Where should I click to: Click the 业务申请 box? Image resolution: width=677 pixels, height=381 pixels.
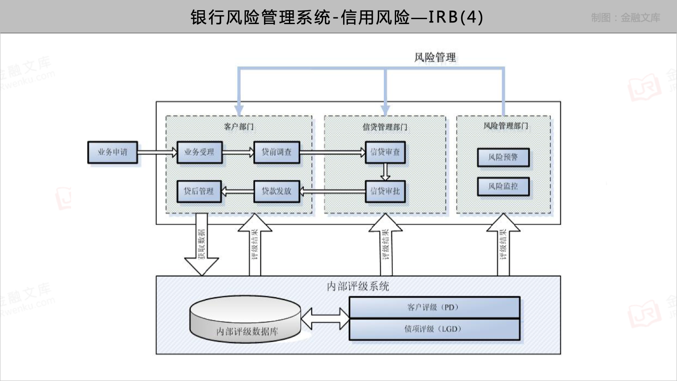click(113, 152)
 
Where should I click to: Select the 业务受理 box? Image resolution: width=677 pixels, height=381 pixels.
click(199, 152)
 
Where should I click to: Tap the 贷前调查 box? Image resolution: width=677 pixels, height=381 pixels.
click(277, 152)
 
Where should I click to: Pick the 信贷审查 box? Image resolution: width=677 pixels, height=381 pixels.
click(385, 152)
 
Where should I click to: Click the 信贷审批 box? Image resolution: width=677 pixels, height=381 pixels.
click(385, 191)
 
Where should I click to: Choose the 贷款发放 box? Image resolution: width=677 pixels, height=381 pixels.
click(277, 191)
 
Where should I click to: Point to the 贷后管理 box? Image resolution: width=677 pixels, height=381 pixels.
click(199, 191)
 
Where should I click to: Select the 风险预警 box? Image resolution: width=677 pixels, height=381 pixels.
click(503, 157)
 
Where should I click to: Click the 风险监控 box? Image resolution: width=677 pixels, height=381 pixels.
click(503, 186)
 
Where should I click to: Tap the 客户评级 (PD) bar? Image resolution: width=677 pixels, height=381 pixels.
click(434, 307)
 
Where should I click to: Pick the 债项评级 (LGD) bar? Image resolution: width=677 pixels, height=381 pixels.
click(434, 329)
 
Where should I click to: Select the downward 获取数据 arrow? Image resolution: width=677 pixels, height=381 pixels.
click(202, 246)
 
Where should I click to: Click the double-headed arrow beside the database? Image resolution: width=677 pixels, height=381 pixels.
click(325, 319)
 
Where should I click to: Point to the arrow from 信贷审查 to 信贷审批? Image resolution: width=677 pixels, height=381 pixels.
click(385, 172)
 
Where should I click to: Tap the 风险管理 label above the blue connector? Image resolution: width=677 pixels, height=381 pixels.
click(435, 58)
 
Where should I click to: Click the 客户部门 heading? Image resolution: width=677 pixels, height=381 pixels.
click(239, 127)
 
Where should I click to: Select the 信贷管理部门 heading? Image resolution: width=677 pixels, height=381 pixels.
click(385, 127)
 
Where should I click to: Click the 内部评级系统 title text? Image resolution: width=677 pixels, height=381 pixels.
click(358, 287)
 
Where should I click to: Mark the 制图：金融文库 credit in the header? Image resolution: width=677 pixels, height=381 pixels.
click(625, 18)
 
